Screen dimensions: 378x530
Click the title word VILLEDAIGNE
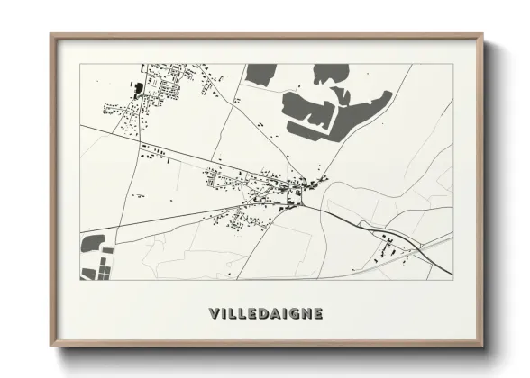point(265,314)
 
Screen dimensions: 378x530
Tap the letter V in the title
point(214,314)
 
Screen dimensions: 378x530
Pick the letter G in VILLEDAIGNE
point(292,314)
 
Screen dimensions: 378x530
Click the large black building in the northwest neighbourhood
point(138,88)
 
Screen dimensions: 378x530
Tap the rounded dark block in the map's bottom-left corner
point(93,243)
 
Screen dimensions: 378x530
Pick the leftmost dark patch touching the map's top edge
point(260,73)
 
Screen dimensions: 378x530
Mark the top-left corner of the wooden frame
point(51,35)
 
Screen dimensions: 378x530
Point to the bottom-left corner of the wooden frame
point(51,346)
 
